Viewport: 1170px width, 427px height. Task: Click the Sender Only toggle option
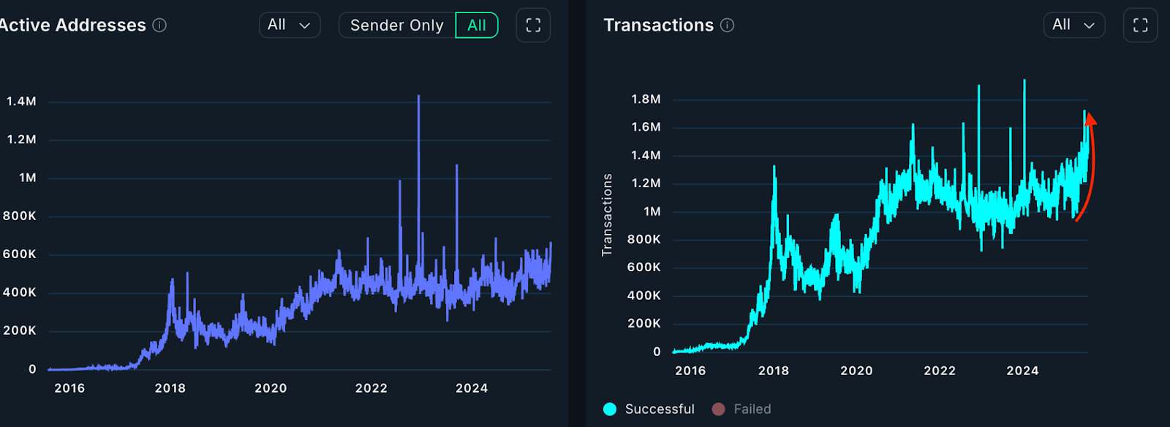pos(397,26)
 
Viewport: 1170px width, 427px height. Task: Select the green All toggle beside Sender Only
pos(477,26)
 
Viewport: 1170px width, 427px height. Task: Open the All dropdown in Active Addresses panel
pos(290,25)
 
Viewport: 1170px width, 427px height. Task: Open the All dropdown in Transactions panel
pos(1073,25)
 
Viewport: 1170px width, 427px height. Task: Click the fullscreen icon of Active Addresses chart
pos(533,26)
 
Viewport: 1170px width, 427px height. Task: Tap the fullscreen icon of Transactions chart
pos(1140,26)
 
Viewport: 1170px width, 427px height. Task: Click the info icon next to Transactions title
pos(727,26)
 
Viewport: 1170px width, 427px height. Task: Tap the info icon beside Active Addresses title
pos(159,26)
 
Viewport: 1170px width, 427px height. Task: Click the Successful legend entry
pos(649,409)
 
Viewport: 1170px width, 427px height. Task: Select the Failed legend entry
pos(741,409)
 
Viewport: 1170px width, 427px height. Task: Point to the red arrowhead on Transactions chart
pos(1090,119)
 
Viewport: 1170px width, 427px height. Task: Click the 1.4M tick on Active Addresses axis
pos(21,102)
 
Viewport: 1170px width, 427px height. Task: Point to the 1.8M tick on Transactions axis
pos(646,99)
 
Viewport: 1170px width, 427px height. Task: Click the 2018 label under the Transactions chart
pos(774,371)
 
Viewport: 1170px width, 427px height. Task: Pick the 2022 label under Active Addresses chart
pos(371,388)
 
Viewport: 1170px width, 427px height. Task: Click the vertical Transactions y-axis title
pos(607,215)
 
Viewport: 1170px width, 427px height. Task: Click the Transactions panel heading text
pos(658,26)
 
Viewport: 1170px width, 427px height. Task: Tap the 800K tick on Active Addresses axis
pos(20,216)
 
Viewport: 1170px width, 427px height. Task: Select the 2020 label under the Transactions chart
pos(856,371)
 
